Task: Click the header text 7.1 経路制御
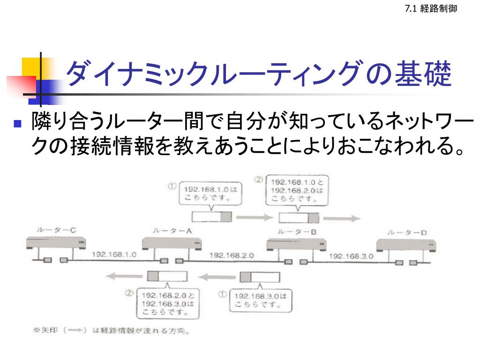point(430,8)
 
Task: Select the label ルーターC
point(56,231)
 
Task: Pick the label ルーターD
point(407,232)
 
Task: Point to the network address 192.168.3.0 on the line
point(351,256)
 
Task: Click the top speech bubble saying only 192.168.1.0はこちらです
point(210,193)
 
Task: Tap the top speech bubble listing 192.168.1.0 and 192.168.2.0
point(297,190)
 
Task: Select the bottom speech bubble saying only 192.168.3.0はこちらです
point(260,300)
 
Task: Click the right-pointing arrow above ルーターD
point(342,218)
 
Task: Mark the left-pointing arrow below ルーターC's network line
point(123,277)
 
